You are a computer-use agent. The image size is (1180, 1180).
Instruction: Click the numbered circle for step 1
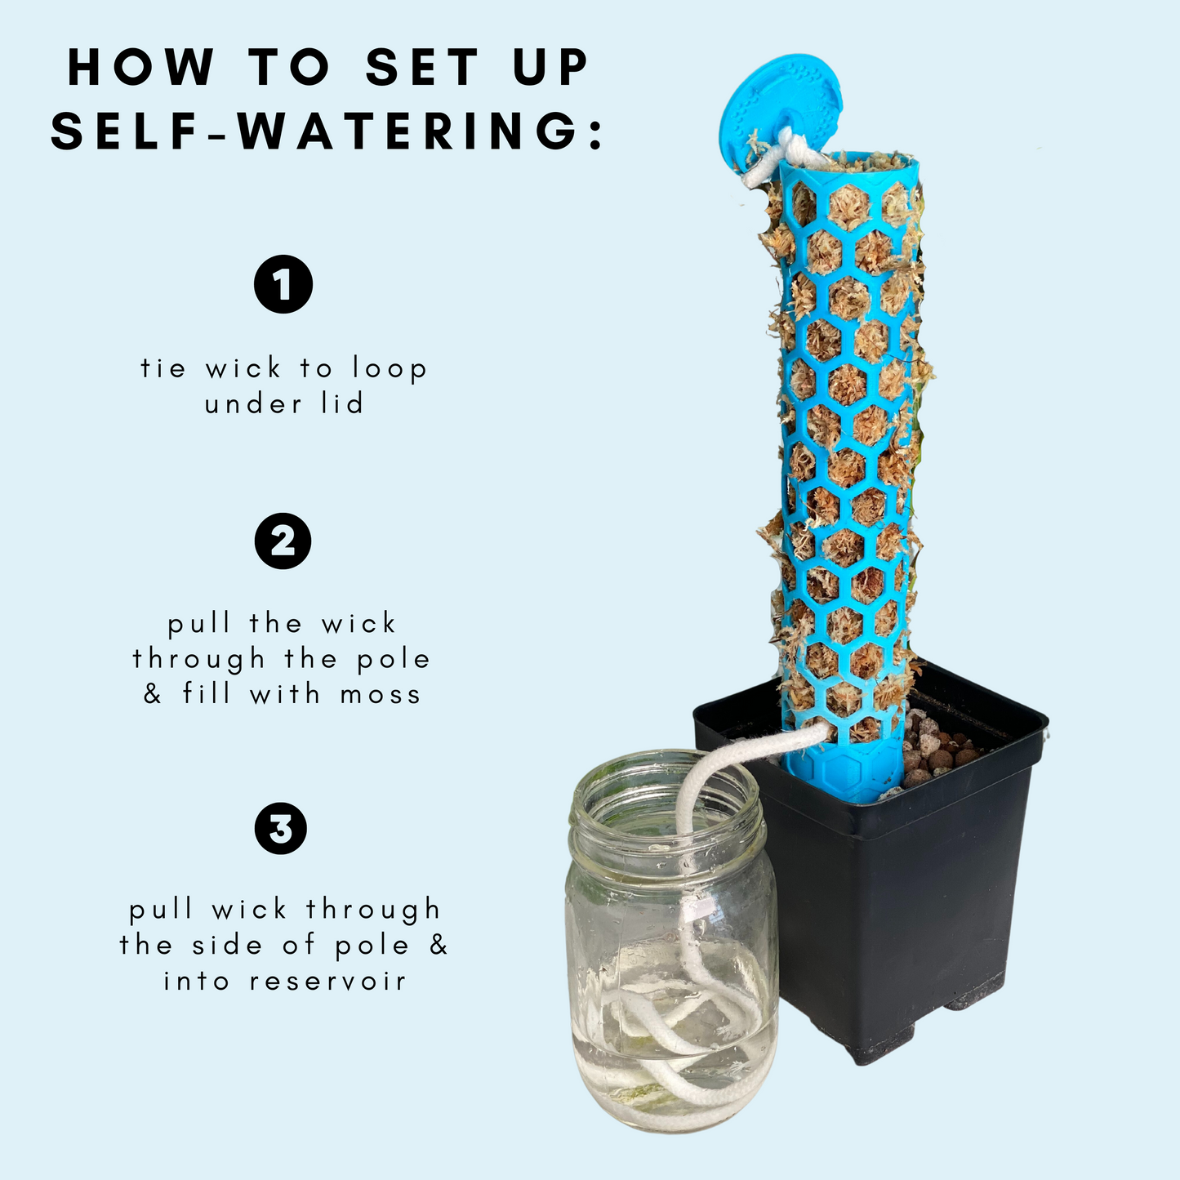click(283, 284)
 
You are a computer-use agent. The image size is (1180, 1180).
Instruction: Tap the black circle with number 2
click(283, 541)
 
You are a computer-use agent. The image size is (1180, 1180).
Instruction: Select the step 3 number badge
click(281, 829)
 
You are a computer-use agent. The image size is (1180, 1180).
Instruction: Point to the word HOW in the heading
click(140, 67)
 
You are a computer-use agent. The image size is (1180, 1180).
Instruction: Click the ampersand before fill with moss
click(153, 693)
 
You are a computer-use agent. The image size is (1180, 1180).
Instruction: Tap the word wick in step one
click(243, 368)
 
